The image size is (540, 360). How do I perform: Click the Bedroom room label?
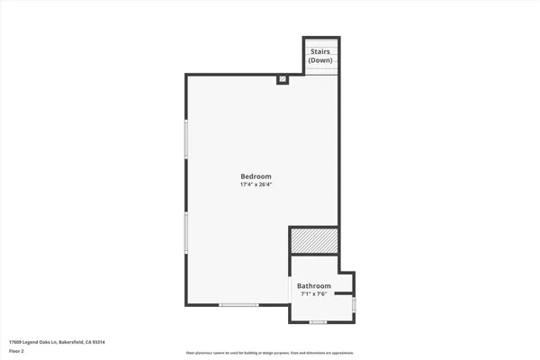tap(256, 175)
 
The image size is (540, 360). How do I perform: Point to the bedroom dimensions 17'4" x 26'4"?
tap(256, 184)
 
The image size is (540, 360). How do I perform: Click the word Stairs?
tap(320, 51)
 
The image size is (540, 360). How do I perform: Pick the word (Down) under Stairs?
tap(320, 59)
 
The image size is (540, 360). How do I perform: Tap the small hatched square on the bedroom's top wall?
tap(283, 79)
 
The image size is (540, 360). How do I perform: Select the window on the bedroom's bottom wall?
tap(239, 306)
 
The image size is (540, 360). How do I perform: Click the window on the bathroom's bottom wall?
tap(317, 322)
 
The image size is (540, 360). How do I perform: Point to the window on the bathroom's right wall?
tap(354, 304)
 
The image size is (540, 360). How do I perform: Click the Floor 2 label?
tap(16, 352)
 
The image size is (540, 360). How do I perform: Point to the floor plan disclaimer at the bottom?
tap(270, 353)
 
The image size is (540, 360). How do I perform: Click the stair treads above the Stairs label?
tap(321, 41)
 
